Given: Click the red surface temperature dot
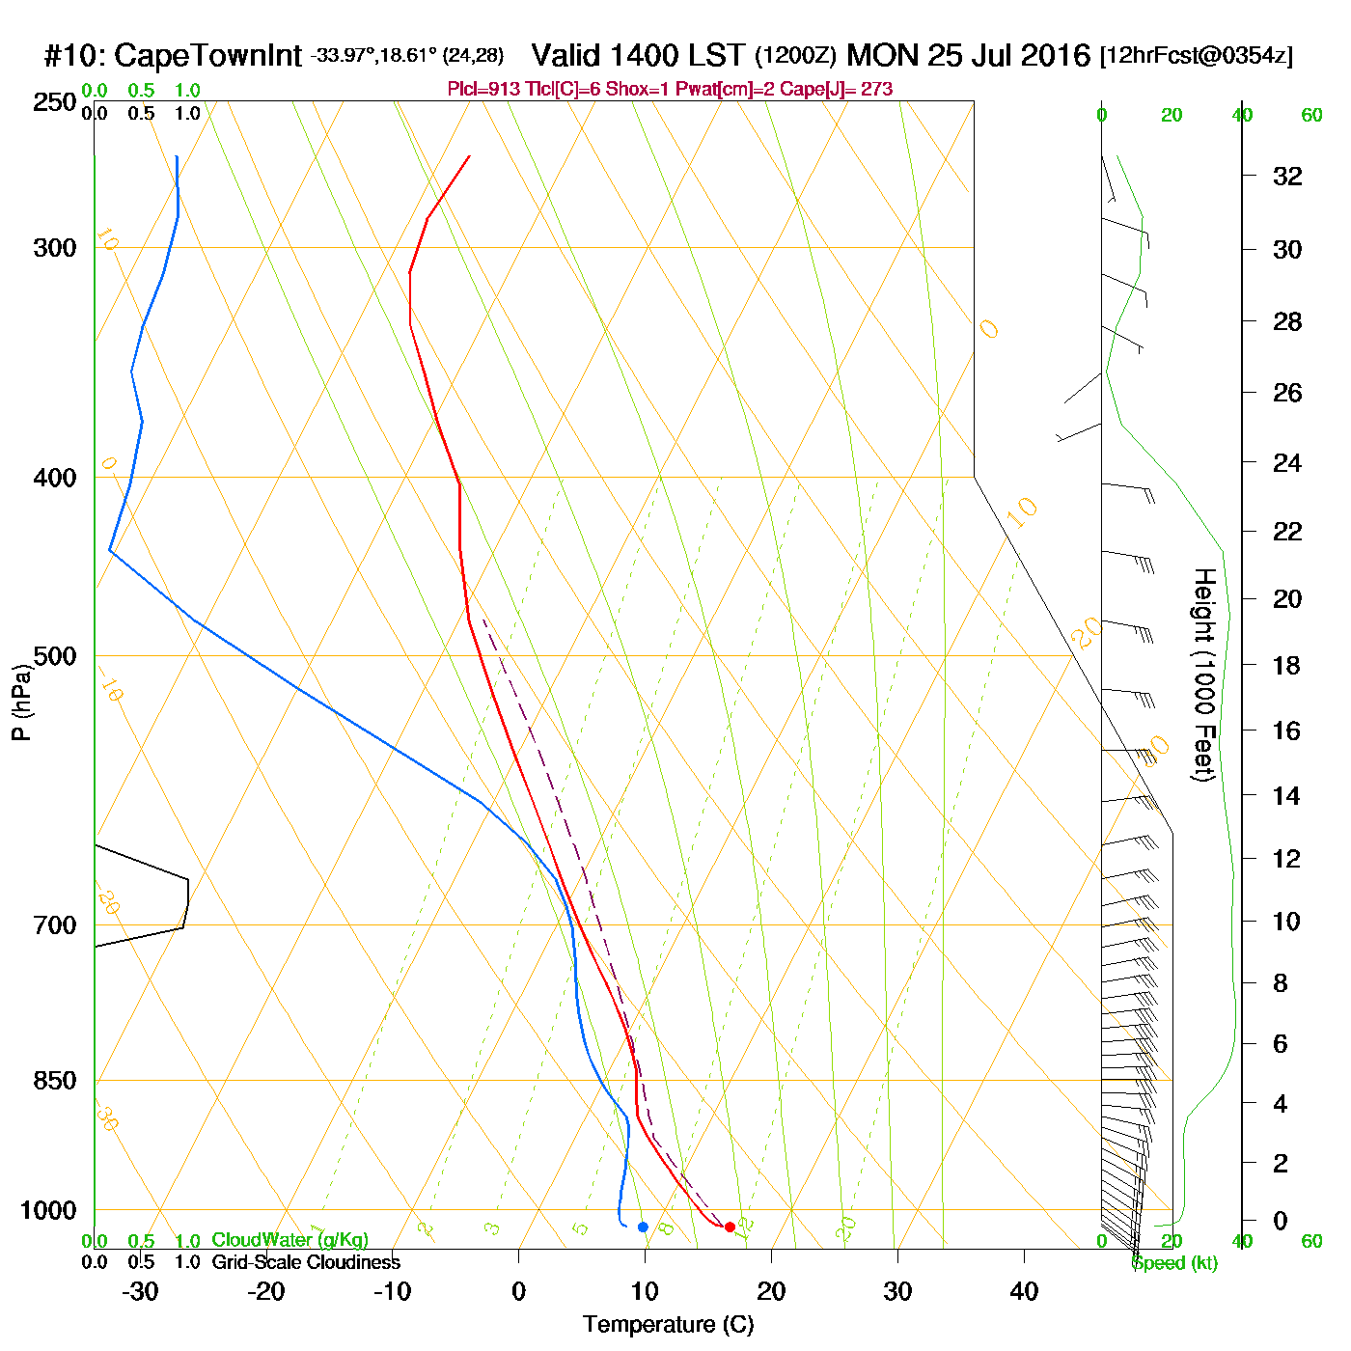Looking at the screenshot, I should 730,1227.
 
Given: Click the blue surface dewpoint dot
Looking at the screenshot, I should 643,1227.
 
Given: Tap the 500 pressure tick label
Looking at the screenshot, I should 55,656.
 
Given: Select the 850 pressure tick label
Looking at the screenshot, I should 55,1081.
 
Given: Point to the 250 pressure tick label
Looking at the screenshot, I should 55,102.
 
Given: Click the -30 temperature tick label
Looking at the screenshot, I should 140,1291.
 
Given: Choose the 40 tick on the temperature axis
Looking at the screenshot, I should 1024,1291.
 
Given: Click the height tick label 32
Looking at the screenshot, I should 1287,176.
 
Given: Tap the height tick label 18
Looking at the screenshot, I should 1286,665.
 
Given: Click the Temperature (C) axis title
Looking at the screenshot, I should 668,1325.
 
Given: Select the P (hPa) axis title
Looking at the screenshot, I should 21,703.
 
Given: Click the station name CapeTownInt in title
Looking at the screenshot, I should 207,56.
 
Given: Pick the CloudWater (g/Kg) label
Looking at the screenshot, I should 289,1240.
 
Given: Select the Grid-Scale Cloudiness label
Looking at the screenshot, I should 306,1262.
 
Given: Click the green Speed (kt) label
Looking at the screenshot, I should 1174,1263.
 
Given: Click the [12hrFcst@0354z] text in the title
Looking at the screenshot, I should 1197,56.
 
